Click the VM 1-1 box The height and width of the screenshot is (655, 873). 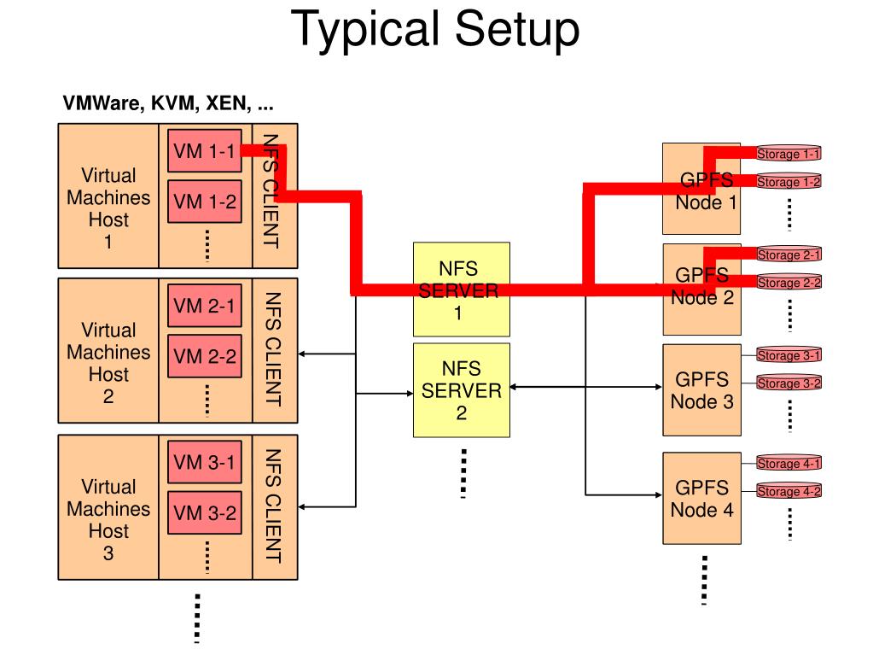tap(204, 151)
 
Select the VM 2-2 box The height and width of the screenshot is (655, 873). tap(204, 356)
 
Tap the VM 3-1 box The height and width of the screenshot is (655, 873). tap(204, 462)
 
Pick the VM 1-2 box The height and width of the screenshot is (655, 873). tap(204, 201)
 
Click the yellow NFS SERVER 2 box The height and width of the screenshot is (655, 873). tap(462, 390)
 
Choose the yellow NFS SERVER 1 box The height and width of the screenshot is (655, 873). tap(462, 289)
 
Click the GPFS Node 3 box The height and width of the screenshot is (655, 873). tap(701, 390)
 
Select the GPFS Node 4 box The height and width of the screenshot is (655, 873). tap(701, 498)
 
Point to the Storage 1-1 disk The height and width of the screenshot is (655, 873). tap(789, 154)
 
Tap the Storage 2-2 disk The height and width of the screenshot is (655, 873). tap(789, 283)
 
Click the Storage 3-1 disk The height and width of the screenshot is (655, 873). tap(789, 354)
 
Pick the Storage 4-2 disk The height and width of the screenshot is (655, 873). tap(789, 491)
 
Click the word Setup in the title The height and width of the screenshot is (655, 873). tap(517, 30)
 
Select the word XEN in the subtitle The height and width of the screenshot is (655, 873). tap(228, 103)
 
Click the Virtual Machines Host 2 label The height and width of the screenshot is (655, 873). tap(108, 363)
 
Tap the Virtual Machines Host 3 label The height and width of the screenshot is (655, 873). tap(108, 520)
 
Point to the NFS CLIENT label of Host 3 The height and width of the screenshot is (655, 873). tap(272, 506)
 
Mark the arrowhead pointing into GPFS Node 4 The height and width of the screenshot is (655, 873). tap(658, 494)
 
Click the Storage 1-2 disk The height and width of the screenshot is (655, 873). tap(789, 182)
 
